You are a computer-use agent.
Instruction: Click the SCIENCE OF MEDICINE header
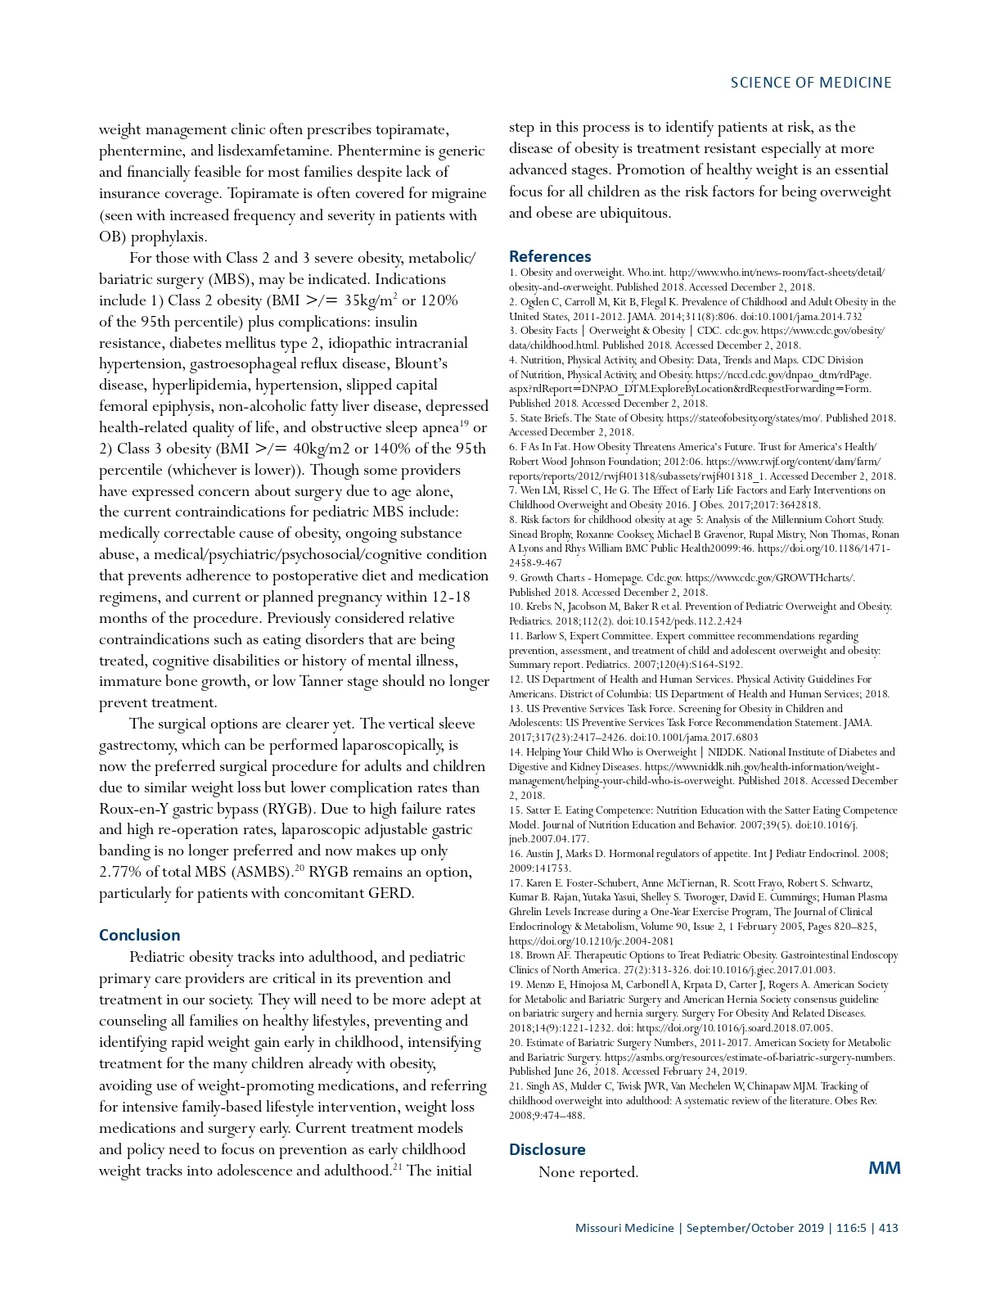810,83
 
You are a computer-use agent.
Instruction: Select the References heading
550,256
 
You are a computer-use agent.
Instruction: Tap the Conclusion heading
139,935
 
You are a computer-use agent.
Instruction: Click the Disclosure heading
547,1149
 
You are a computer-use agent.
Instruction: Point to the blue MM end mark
884,1167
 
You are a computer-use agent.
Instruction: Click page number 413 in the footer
888,1228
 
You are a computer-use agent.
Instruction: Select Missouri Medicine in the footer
624,1228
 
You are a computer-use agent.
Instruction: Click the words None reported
588,1172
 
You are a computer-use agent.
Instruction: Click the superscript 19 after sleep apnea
464,423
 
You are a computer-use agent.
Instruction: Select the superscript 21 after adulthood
397,1166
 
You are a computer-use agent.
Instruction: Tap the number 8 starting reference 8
512,520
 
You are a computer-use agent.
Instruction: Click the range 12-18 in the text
451,597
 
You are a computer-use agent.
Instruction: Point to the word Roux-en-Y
136,809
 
